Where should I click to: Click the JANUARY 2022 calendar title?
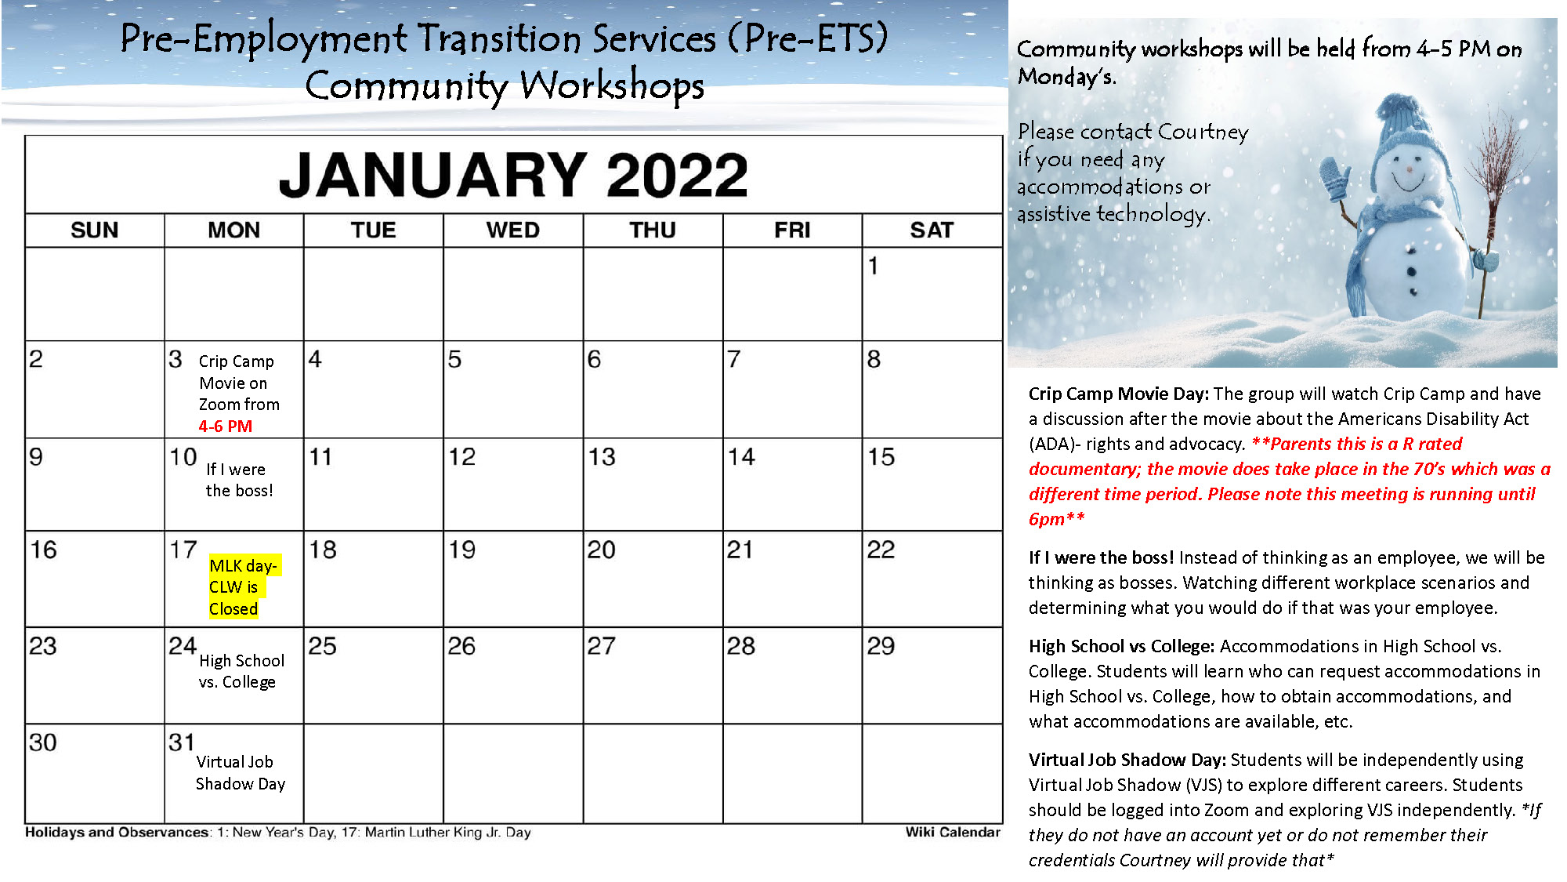[x=513, y=174]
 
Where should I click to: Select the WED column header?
[x=512, y=230]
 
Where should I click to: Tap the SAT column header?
[x=932, y=230]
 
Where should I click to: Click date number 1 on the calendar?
[x=873, y=266]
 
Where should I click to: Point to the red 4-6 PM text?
[x=226, y=426]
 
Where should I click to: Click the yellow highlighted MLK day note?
[x=244, y=587]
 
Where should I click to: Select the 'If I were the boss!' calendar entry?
[x=239, y=480]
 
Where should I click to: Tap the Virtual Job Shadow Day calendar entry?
[x=241, y=773]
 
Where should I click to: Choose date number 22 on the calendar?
[x=881, y=550]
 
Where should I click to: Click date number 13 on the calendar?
[x=602, y=457]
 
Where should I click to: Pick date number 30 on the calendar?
[x=43, y=742]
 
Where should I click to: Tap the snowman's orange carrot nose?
[x=1410, y=169]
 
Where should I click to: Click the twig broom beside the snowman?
[x=1493, y=212]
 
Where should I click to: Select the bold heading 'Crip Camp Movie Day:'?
[x=1119, y=394]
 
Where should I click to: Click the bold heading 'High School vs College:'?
[x=1122, y=646]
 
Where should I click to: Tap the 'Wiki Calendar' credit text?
[x=953, y=832]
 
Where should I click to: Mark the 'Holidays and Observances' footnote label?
[x=118, y=832]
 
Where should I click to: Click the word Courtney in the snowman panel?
[x=1203, y=132]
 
